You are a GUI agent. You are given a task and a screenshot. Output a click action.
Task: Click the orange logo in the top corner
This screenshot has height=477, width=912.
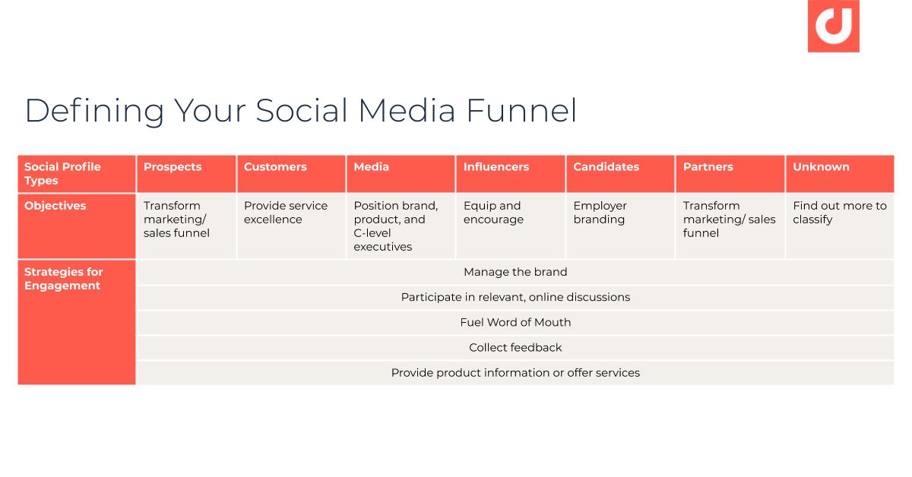point(833,27)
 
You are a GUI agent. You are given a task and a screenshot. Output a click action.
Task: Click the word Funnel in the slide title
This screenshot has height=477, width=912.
point(521,110)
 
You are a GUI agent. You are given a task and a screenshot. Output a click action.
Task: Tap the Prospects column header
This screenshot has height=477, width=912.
point(173,167)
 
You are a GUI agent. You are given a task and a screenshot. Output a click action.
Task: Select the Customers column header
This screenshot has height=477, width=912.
point(275,167)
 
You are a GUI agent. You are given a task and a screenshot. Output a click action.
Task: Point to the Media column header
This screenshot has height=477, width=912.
point(371,167)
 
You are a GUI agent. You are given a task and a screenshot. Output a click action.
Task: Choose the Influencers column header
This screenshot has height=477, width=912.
point(496,167)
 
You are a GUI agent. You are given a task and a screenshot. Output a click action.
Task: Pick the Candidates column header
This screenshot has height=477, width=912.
point(606,167)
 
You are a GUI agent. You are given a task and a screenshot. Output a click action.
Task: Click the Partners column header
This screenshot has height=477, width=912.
point(708,167)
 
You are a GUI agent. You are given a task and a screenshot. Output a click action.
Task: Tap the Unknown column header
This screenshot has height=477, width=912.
point(821,167)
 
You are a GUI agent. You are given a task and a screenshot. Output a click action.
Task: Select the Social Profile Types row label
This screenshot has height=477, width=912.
point(62,174)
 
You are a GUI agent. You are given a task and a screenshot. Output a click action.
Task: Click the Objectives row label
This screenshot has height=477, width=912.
point(55,206)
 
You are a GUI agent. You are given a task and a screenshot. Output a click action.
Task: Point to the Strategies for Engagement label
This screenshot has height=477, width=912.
point(63,279)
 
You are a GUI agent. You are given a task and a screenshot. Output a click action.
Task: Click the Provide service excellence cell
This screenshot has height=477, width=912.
point(286,213)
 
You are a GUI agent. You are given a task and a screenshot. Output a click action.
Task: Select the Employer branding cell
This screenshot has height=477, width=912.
point(600,213)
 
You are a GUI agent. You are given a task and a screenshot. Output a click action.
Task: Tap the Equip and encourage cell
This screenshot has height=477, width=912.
point(493,213)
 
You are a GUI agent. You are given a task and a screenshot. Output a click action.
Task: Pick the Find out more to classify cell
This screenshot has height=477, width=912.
point(839,213)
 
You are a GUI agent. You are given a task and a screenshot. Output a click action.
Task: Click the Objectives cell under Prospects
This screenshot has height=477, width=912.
point(176,220)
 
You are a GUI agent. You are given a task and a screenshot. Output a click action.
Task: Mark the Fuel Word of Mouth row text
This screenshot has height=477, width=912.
point(515,322)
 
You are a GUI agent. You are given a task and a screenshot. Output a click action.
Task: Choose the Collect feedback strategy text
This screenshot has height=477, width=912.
point(515,347)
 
